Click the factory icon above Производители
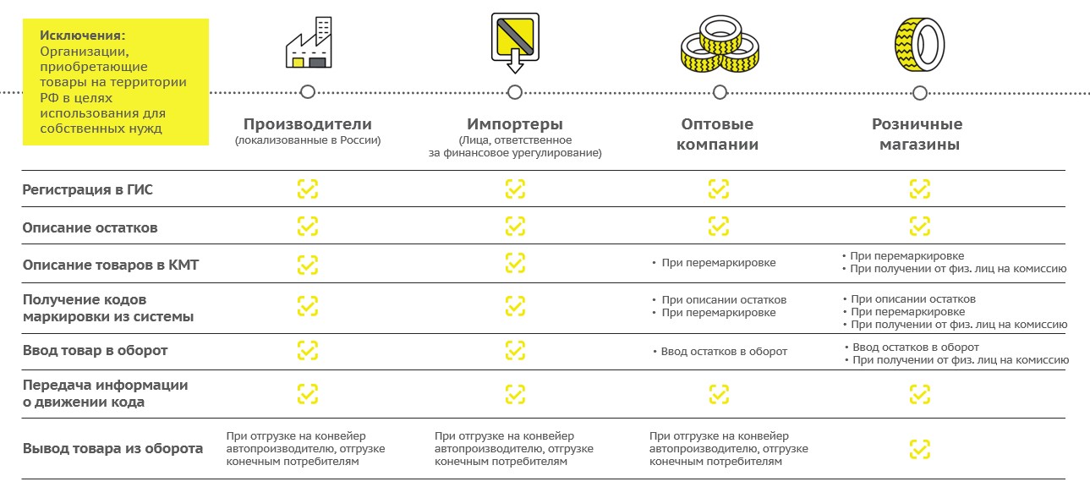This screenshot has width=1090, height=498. [x=309, y=42]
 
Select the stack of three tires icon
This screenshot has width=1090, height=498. [x=720, y=44]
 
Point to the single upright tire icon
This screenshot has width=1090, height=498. [x=919, y=45]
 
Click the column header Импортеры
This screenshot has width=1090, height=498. [x=515, y=124]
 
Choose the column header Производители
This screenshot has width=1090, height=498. [x=308, y=124]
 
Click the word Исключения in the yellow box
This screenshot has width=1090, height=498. [x=82, y=36]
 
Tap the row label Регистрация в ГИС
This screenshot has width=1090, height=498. [x=88, y=189]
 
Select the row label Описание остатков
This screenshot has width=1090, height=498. [x=90, y=227]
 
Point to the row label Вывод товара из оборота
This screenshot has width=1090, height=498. [x=113, y=448]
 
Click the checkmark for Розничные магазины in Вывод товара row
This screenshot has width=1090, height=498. [x=920, y=449]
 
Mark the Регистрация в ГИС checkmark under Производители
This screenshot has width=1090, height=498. [x=308, y=189]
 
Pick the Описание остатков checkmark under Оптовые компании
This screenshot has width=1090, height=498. [x=719, y=226]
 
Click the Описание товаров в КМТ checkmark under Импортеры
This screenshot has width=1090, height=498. [x=515, y=263]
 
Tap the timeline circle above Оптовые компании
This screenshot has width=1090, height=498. [x=720, y=92]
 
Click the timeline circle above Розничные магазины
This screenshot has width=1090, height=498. [x=920, y=93]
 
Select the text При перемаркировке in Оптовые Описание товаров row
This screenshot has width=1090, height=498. [x=718, y=263]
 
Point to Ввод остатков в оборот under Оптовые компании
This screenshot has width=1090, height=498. [x=724, y=352]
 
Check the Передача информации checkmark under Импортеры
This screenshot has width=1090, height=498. [x=515, y=394]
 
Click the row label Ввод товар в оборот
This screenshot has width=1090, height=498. [x=95, y=350]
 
